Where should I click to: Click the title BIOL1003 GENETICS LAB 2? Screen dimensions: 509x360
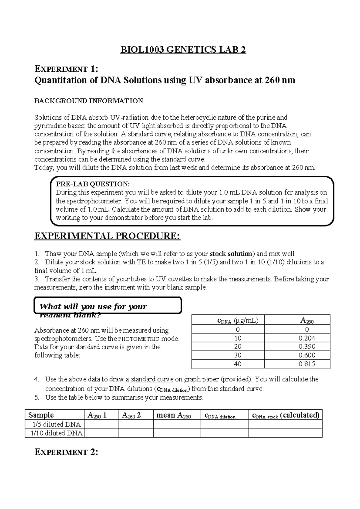(x=183, y=50)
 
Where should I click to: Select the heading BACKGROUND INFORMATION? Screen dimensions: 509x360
(x=89, y=101)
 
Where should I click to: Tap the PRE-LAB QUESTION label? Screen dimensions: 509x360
(x=93, y=184)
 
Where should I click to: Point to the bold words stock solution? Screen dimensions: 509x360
(x=231, y=254)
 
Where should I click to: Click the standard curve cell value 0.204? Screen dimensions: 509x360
(x=307, y=338)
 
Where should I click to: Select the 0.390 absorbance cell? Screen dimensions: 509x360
(x=307, y=347)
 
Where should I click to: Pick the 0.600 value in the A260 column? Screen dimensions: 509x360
(x=307, y=355)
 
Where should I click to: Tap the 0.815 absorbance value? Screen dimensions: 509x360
(x=307, y=364)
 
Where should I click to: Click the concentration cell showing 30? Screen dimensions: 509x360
(x=238, y=355)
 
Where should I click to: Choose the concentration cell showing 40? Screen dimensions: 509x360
(x=238, y=364)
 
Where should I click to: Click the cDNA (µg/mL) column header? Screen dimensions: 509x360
(x=237, y=321)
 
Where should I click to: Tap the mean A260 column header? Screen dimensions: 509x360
(x=174, y=415)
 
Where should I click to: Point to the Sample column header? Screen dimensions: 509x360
(x=41, y=415)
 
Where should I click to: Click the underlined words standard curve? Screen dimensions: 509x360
(x=152, y=379)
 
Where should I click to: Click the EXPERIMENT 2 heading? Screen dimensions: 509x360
(x=66, y=452)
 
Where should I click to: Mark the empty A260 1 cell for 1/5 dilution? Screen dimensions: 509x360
(x=101, y=424)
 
